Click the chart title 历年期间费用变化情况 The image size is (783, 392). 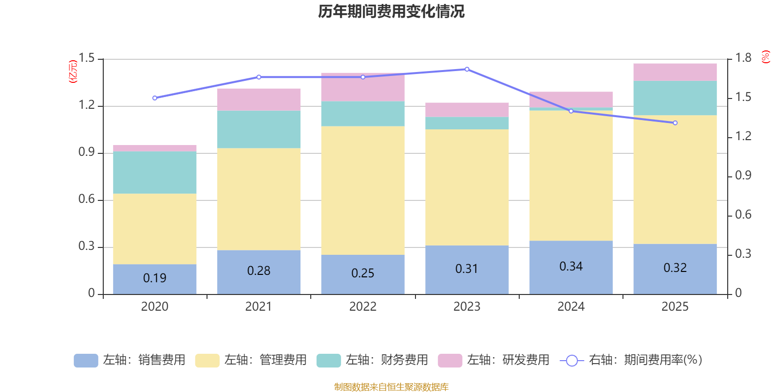391,11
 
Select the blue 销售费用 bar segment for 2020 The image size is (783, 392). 155,279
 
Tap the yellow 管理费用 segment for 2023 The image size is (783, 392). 467,187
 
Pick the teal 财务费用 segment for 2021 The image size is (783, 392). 259,129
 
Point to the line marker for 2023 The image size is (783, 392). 467,69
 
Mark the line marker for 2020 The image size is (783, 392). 155,98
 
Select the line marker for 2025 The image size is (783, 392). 675,123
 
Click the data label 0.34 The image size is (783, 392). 571,267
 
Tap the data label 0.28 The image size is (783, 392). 259,271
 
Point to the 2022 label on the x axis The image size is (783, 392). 363,307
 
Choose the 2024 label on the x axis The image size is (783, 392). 571,307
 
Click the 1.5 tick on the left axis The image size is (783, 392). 87,58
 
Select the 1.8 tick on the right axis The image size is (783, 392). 743,58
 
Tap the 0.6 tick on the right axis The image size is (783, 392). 743,215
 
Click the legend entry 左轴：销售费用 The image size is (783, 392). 130,360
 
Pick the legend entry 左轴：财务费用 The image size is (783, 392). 372,360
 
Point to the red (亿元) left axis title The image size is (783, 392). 73,72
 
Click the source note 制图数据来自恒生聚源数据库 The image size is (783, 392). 391,387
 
